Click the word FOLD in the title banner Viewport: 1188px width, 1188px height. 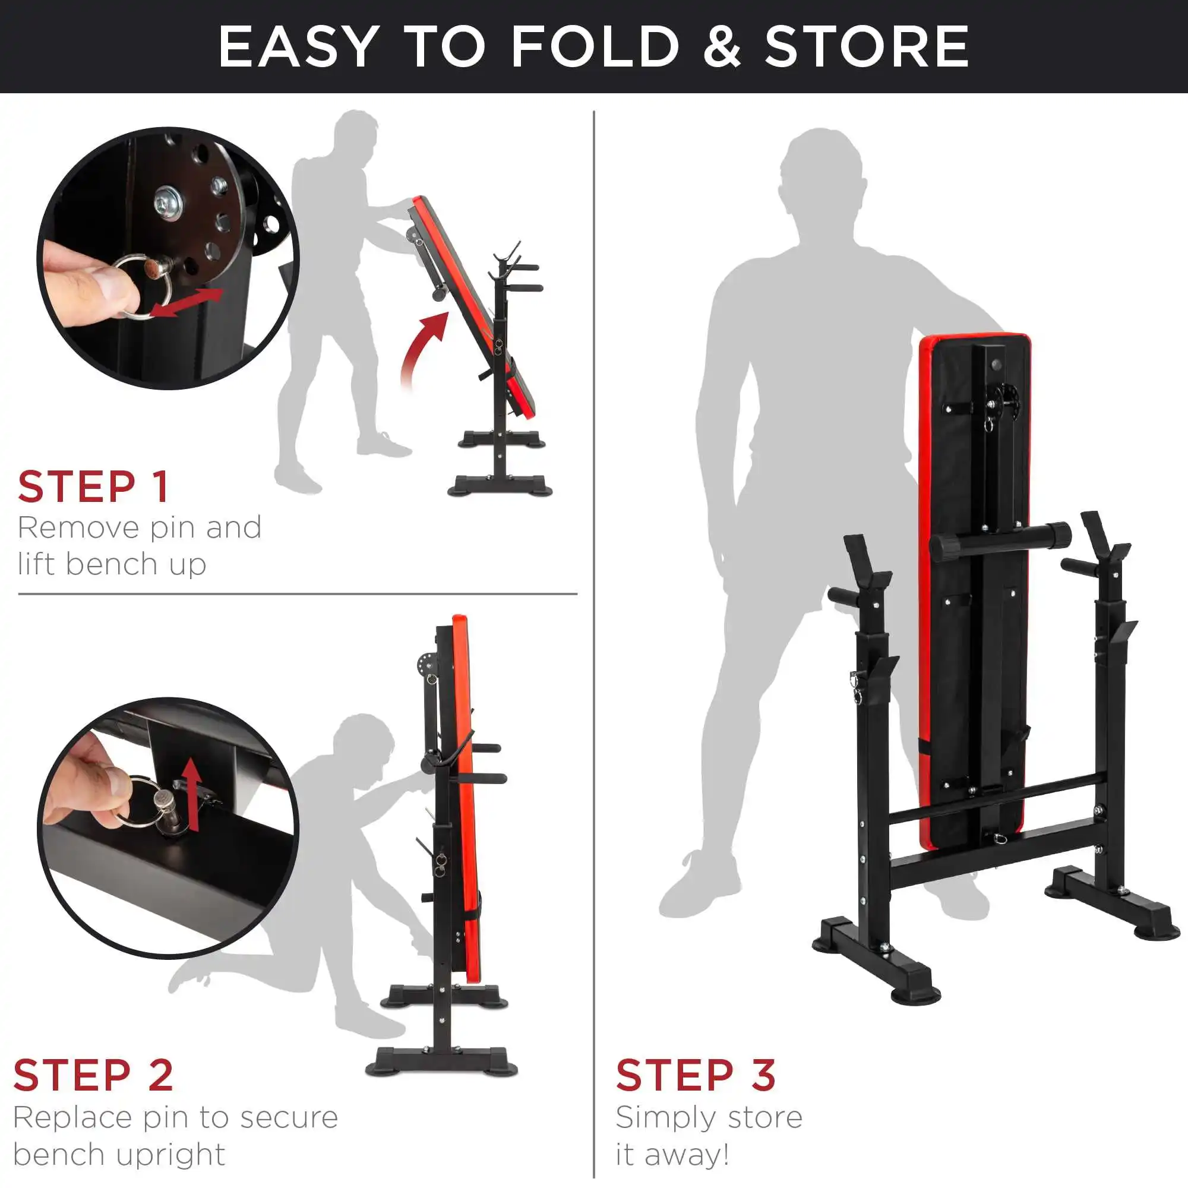[x=595, y=47]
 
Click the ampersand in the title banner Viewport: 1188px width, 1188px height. [x=722, y=47]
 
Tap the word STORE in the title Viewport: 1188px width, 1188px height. [x=867, y=47]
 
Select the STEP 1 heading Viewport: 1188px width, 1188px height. [x=93, y=487]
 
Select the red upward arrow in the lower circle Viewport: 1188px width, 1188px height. [x=193, y=794]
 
